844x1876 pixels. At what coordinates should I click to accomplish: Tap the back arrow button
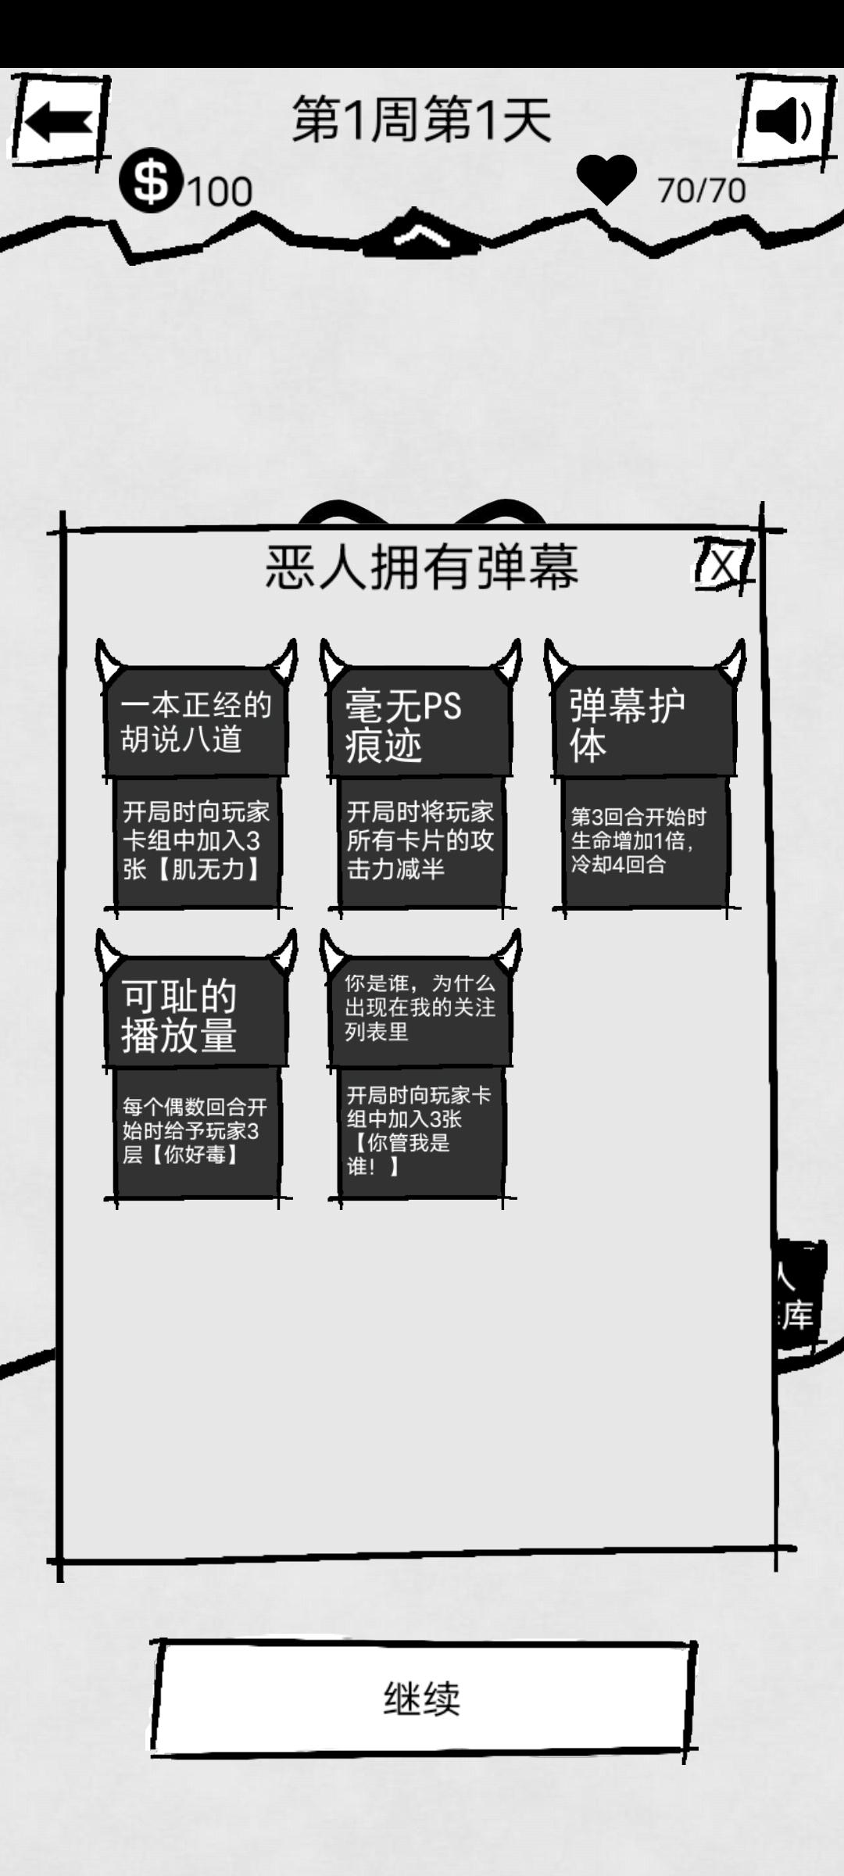click(58, 121)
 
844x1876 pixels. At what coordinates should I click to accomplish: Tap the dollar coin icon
click(151, 181)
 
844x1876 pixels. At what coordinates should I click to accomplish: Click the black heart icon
click(606, 179)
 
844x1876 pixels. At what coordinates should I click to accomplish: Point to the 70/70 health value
click(701, 191)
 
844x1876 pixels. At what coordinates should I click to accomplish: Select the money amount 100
click(220, 192)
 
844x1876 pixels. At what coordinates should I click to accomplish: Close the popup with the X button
click(724, 564)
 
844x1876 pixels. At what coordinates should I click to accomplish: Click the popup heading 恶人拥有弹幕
click(422, 567)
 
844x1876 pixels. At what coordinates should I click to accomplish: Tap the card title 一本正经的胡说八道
click(195, 721)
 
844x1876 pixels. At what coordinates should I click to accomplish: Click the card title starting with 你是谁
click(420, 1008)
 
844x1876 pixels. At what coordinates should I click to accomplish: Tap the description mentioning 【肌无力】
click(195, 841)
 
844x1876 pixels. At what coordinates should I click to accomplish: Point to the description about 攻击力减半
click(420, 841)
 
